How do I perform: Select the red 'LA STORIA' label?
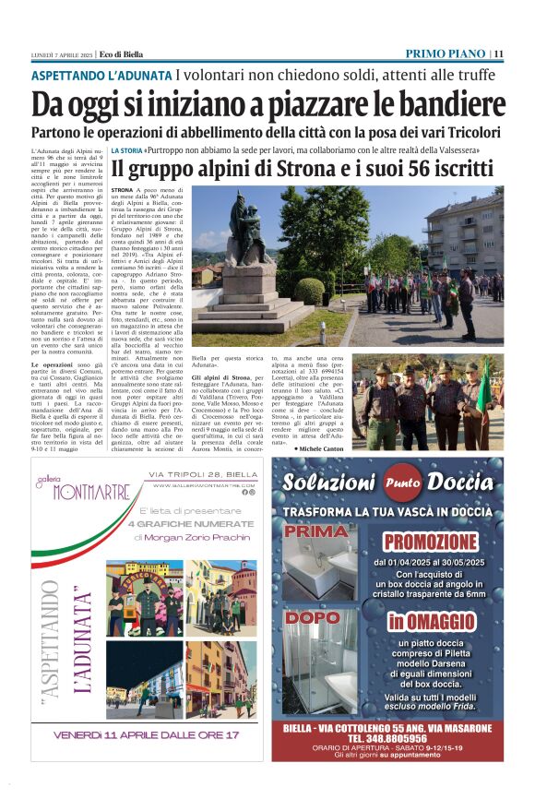point(126,149)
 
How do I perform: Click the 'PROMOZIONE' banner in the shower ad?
point(431,542)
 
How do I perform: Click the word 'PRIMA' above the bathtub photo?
point(316,532)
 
